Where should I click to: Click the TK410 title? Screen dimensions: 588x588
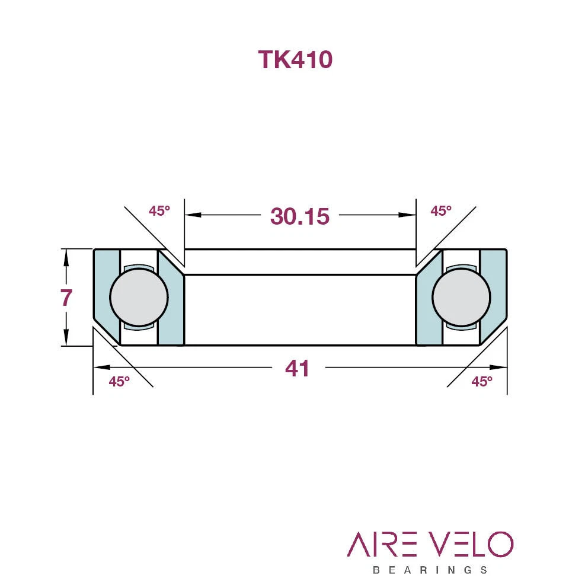coord(295,59)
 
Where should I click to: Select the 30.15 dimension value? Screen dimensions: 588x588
coord(300,216)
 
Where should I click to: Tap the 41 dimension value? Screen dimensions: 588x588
coord(298,368)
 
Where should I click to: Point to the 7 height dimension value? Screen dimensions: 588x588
coord(66,298)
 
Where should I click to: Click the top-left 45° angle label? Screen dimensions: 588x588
coord(159,211)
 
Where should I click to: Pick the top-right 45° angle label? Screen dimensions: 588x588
coord(441,211)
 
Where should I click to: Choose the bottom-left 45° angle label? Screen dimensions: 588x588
coord(119,382)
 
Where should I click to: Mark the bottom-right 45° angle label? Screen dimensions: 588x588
coord(482,382)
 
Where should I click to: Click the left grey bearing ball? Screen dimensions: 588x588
coord(139,297)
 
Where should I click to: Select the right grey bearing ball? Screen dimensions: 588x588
coord(461,297)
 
